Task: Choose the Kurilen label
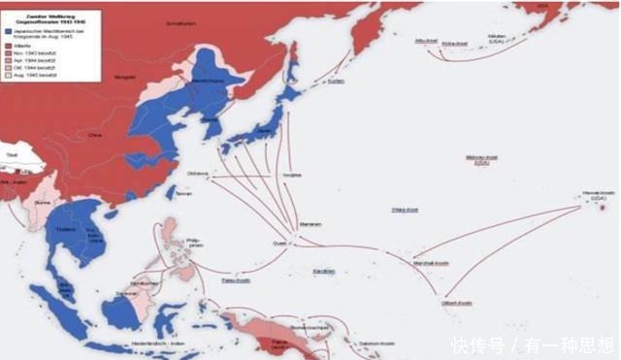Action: [336, 82]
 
